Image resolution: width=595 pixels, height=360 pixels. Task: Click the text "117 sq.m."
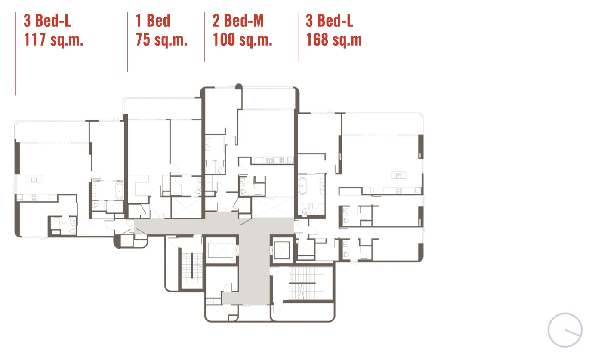coord(54,40)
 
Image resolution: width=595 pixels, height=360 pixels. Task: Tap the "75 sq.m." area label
coord(161,40)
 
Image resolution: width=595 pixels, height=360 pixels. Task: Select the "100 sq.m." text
coord(243,40)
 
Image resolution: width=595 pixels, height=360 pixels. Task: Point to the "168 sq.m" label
coord(334,40)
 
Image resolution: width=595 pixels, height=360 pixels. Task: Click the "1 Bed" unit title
coord(153,21)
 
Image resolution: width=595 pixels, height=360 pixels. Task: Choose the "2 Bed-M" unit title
coord(238,21)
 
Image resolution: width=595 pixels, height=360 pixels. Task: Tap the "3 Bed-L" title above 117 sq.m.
coord(48,21)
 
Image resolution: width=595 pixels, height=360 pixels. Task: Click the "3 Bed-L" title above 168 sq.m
coord(330,21)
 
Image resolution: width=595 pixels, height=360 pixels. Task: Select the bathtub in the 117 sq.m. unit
coord(120,191)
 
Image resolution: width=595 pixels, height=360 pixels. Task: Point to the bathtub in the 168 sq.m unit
coord(302,186)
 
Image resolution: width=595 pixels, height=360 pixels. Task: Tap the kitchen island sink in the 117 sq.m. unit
coord(34,179)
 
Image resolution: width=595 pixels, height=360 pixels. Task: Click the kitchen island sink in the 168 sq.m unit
coord(398,175)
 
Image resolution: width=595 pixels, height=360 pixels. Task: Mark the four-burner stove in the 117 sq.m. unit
coord(34,197)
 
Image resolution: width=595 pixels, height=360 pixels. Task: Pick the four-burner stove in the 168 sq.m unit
coord(399,191)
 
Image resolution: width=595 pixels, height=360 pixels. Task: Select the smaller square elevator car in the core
coord(281,250)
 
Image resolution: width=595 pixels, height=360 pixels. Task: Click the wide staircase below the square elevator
coord(307,283)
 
